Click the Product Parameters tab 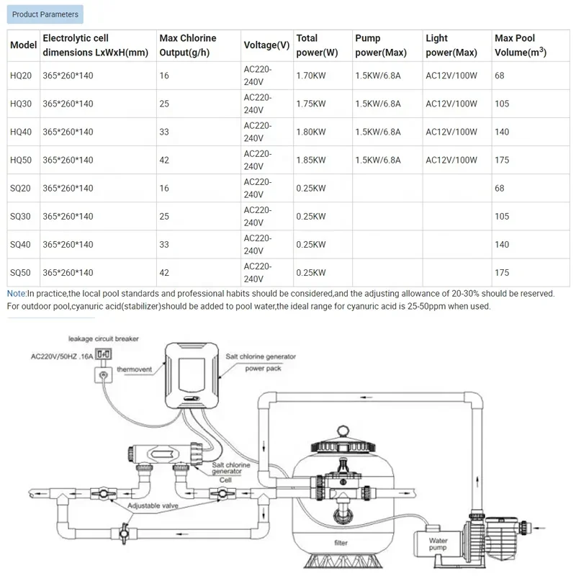point(45,14)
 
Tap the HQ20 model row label point(22,76)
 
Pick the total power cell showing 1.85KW point(310,160)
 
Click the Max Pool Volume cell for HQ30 point(502,104)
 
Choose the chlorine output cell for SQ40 point(165,244)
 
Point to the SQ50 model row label point(22,272)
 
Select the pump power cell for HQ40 point(378,132)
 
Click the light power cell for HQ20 point(451,76)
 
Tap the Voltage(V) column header point(266,45)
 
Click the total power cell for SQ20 point(310,188)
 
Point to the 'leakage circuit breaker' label point(103,338)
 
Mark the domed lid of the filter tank point(341,441)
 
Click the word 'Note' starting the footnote point(16,293)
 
